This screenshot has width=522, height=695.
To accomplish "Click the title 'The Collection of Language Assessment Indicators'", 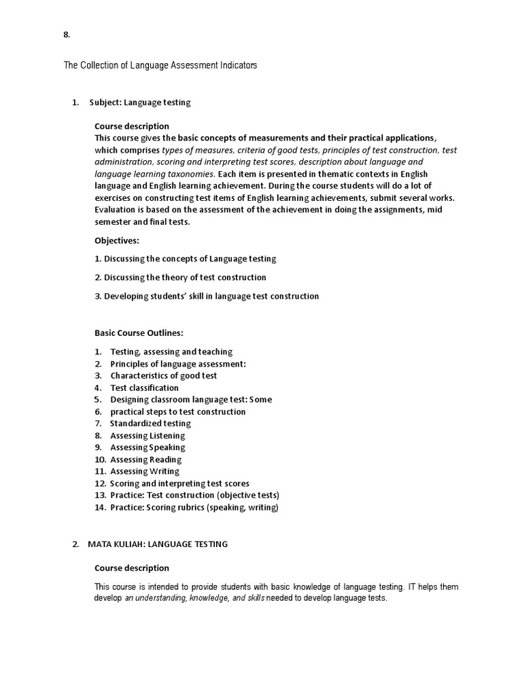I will click(x=160, y=66).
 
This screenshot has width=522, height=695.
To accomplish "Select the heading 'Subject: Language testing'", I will click(x=140, y=102).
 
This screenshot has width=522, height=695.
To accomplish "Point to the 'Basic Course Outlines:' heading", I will click(x=139, y=333).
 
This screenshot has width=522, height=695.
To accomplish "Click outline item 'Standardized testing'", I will click(x=150, y=424).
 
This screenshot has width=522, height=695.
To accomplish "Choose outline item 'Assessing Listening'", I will click(x=147, y=436).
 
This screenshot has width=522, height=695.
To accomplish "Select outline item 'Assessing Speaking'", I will click(x=147, y=447).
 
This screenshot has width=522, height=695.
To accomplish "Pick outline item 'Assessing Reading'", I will click(x=146, y=459).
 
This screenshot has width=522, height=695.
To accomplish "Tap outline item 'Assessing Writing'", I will click(x=145, y=471).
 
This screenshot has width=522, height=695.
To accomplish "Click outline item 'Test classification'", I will click(x=145, y=388).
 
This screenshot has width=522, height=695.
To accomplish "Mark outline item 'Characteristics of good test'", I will click(x=164, y=375).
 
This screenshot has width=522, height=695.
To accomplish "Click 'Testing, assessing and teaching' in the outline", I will click(x=171, y=352).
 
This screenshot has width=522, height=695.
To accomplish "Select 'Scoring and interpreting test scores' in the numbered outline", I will click(x=179, y=483).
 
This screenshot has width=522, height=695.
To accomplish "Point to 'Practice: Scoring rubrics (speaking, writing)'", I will click(x=194, y=507).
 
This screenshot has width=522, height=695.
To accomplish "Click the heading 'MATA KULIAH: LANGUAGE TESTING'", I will click(x=158, y=544).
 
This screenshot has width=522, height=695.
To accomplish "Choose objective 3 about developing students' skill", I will click(x=207, y=296).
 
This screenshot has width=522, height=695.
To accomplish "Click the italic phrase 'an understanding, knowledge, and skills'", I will click(x=194, y=599).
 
